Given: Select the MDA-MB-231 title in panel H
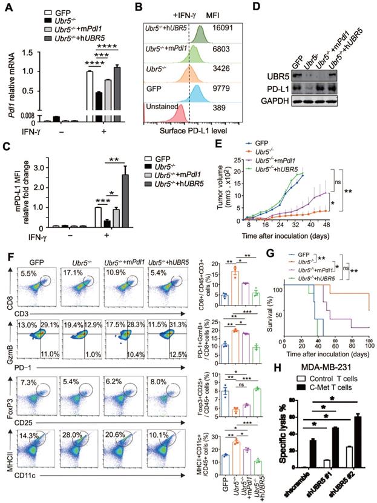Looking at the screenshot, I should pos(327,368).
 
